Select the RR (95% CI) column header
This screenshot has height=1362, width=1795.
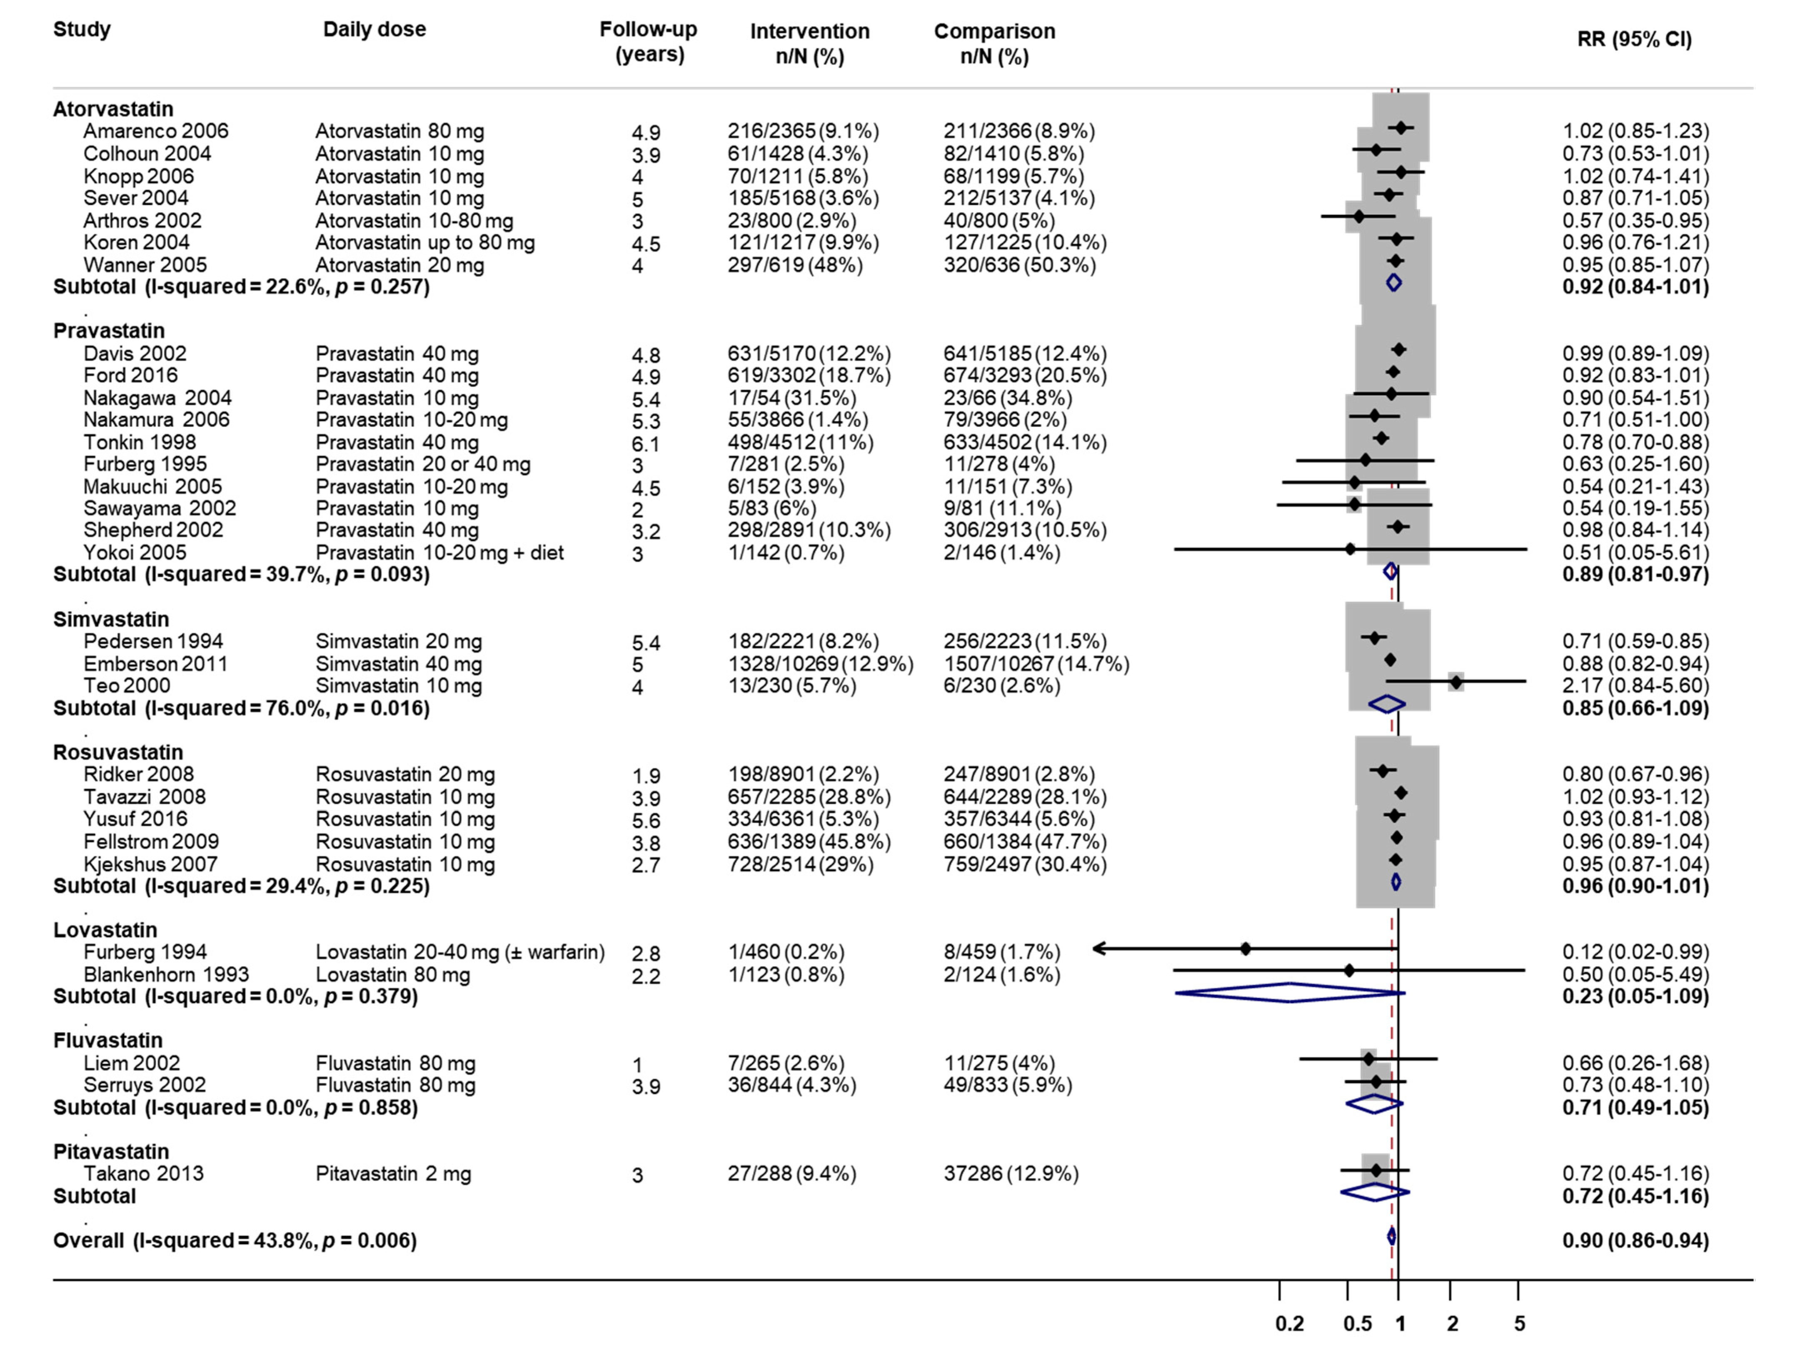1633,39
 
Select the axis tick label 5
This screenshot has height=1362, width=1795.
1519,1324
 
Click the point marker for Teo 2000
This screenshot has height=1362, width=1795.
1457,682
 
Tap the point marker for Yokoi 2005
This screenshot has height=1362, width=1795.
1350,549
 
